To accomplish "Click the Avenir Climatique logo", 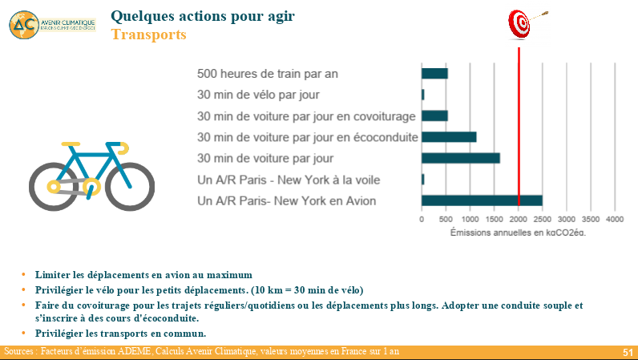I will pyautogui.click(x=51, y=24).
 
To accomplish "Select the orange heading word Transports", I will pyautogui.click(x=148, y=35).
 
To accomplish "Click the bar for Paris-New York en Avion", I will pyautogui.click(x=482, y=200).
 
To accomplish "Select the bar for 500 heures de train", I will pyautogui.click(x=434, y=74).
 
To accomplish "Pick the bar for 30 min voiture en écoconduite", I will pyautogui.click(x=449, y=137).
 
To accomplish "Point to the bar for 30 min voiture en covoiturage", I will pyautogui.click(x=434, y=115).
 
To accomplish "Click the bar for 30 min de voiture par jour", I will pyautogui.click(x=461, y=158).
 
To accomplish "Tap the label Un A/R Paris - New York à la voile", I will pyautogui.click(x=289, y=180).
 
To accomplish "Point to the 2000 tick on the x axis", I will pyautogui.click(x=519, y=218).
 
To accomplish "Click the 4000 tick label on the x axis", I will pyautogui.click(x=615, y=218).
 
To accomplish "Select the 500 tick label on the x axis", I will pyautogui.click(x=446, y=218).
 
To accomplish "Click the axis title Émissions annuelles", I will pyautogui.click(x=518, y=233).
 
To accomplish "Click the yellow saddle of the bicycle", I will pyautogui.click(x=72, y=146).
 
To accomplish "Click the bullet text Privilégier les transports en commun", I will pyautogui.click(x=120, y=333).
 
